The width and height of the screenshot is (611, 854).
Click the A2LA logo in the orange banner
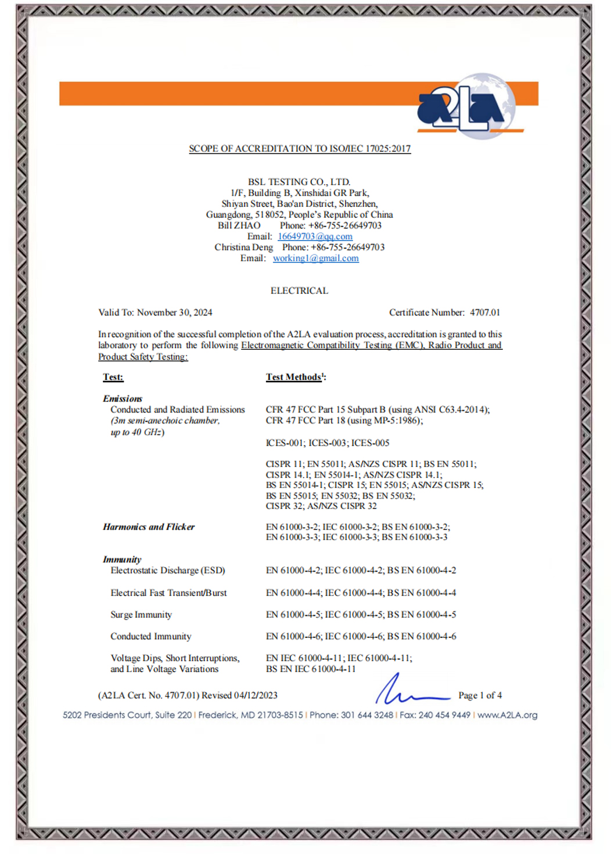[465, 106]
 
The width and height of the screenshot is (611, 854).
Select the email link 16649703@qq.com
[315, 236]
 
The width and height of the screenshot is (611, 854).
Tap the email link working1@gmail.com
[315, 259]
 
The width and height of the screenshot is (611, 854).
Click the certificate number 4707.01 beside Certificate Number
[484, 313]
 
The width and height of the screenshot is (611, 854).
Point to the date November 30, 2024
[174, 313]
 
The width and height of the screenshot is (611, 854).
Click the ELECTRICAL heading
[299, 290]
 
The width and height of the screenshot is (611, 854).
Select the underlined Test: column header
[113, 377]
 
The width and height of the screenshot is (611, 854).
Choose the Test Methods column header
[294, 377]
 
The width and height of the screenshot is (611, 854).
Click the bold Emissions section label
[123, 399]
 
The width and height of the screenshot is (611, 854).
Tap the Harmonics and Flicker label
[149, 527]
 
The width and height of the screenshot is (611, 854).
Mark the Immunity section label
[122, 559]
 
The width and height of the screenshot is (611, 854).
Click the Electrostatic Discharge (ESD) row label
[168, 570]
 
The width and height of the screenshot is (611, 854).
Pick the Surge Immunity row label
[141, 615]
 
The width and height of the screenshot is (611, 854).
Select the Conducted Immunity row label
[151, 637]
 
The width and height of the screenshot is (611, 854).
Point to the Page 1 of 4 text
[480, 695]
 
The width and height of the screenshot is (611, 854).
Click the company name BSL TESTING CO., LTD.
[299, 182]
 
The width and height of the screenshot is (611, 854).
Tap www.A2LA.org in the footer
[507, 715]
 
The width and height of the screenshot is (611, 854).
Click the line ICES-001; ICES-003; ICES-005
[328, 443]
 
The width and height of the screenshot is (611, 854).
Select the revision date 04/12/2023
[256, 695]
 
